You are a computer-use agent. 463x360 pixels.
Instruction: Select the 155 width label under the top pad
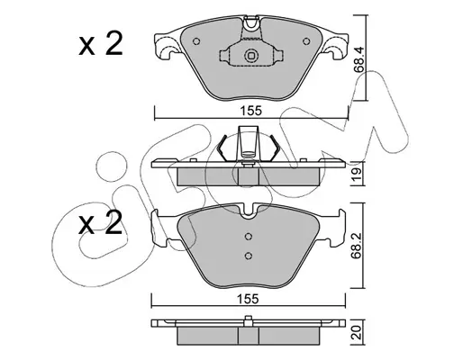pyautogui.click(x=251, y=111)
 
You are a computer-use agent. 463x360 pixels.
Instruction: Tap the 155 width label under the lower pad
pyautogui.click(x=248, y=299)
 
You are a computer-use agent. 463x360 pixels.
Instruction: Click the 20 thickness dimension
pyautogui.click(x=357, y=333)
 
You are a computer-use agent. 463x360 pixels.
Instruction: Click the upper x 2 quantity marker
pyautogui.click(x=101, y=44)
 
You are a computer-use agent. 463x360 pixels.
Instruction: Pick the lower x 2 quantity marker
pyautogui.click(x=101, y=222)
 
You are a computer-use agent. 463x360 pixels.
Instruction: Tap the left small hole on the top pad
pyautogui.click(x=196, y=41)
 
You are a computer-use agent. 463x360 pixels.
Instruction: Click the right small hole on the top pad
pyautogui.click(x=306, y=41)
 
